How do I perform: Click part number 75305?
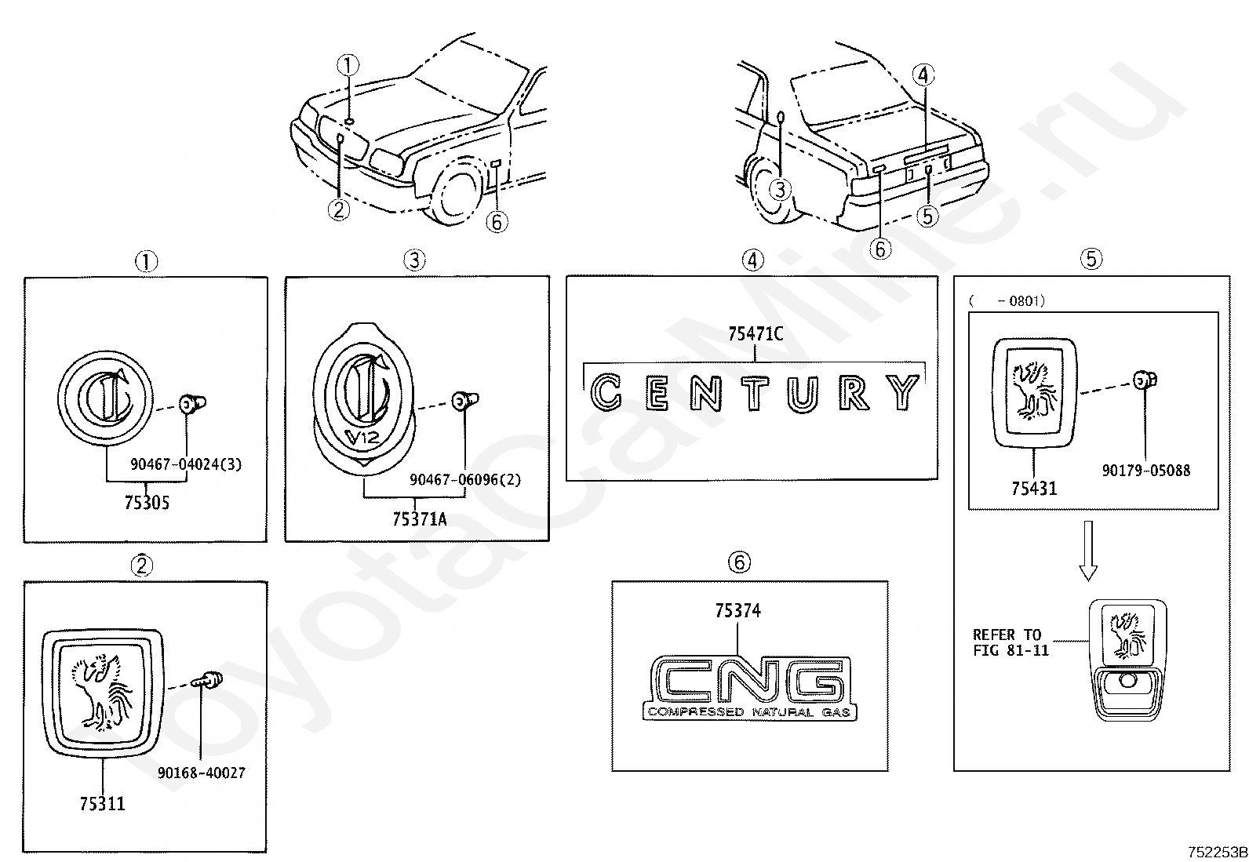(x=147, y=503)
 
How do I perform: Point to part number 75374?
(x=737, y=610)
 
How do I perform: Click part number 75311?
(x=102, y=803)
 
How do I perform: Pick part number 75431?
(x=1033, y=488)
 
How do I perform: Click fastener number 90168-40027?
(x=201, y=773)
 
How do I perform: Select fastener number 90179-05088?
(x=1145, y=471)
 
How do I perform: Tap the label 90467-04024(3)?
(x=186, y=464)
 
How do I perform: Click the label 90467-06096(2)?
(x=465, y=479)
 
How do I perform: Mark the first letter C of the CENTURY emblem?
(x=605, y=392)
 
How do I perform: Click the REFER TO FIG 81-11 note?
(x=1010, y=642)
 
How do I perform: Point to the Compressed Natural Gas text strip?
(x=750, y=713)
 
